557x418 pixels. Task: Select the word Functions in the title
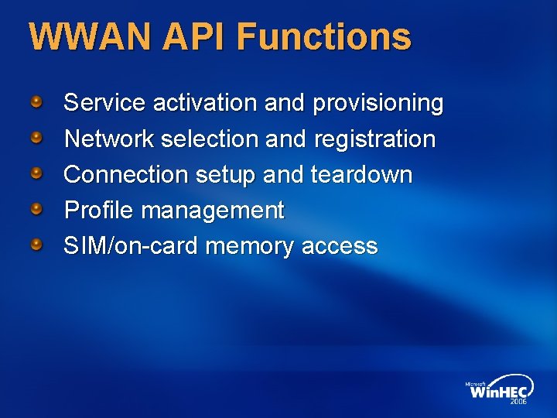tap(324, 36)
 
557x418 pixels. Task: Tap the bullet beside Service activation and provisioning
tap(36, 101)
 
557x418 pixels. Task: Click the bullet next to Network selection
tap(36, 138)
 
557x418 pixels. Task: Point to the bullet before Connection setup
tap(36, 173)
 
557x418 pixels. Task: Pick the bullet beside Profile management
tap(36, 209)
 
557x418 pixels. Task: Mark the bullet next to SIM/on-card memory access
tap(36, 245)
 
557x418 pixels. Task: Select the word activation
tap(203, 103)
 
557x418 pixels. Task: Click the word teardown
tap(361, 175)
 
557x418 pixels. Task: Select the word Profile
tap(98, 211)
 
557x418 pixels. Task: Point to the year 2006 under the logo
tap(518, 403)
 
